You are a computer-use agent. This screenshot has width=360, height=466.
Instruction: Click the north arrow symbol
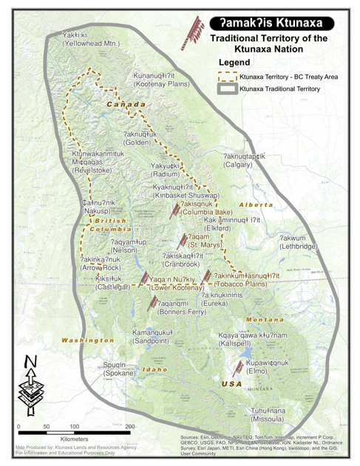(30, 381)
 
